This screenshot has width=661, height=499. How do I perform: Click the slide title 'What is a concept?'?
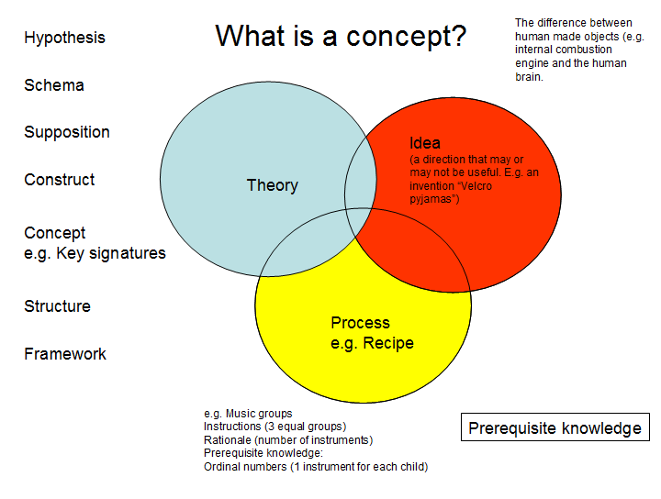341,37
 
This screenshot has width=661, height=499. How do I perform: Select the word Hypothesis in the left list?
64,38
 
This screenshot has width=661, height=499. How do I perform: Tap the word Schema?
54,85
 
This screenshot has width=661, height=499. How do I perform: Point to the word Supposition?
67,132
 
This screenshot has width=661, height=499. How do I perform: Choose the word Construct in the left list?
60,180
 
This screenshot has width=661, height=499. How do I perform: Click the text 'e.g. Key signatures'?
95,253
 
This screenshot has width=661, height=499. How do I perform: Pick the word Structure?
57,306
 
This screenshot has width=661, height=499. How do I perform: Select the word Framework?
65,354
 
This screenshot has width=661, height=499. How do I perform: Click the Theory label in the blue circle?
272,185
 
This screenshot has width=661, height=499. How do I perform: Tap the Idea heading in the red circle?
425,143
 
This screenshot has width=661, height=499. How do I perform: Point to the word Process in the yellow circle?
360,323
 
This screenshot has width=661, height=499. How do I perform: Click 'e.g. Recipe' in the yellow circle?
372,343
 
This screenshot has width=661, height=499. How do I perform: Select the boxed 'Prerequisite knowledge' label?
555,428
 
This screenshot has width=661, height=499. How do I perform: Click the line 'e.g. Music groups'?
248,414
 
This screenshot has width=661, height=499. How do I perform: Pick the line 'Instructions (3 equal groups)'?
274,427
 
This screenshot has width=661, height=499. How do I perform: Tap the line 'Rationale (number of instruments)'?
287,439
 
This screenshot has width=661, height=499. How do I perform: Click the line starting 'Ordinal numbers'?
315,466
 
